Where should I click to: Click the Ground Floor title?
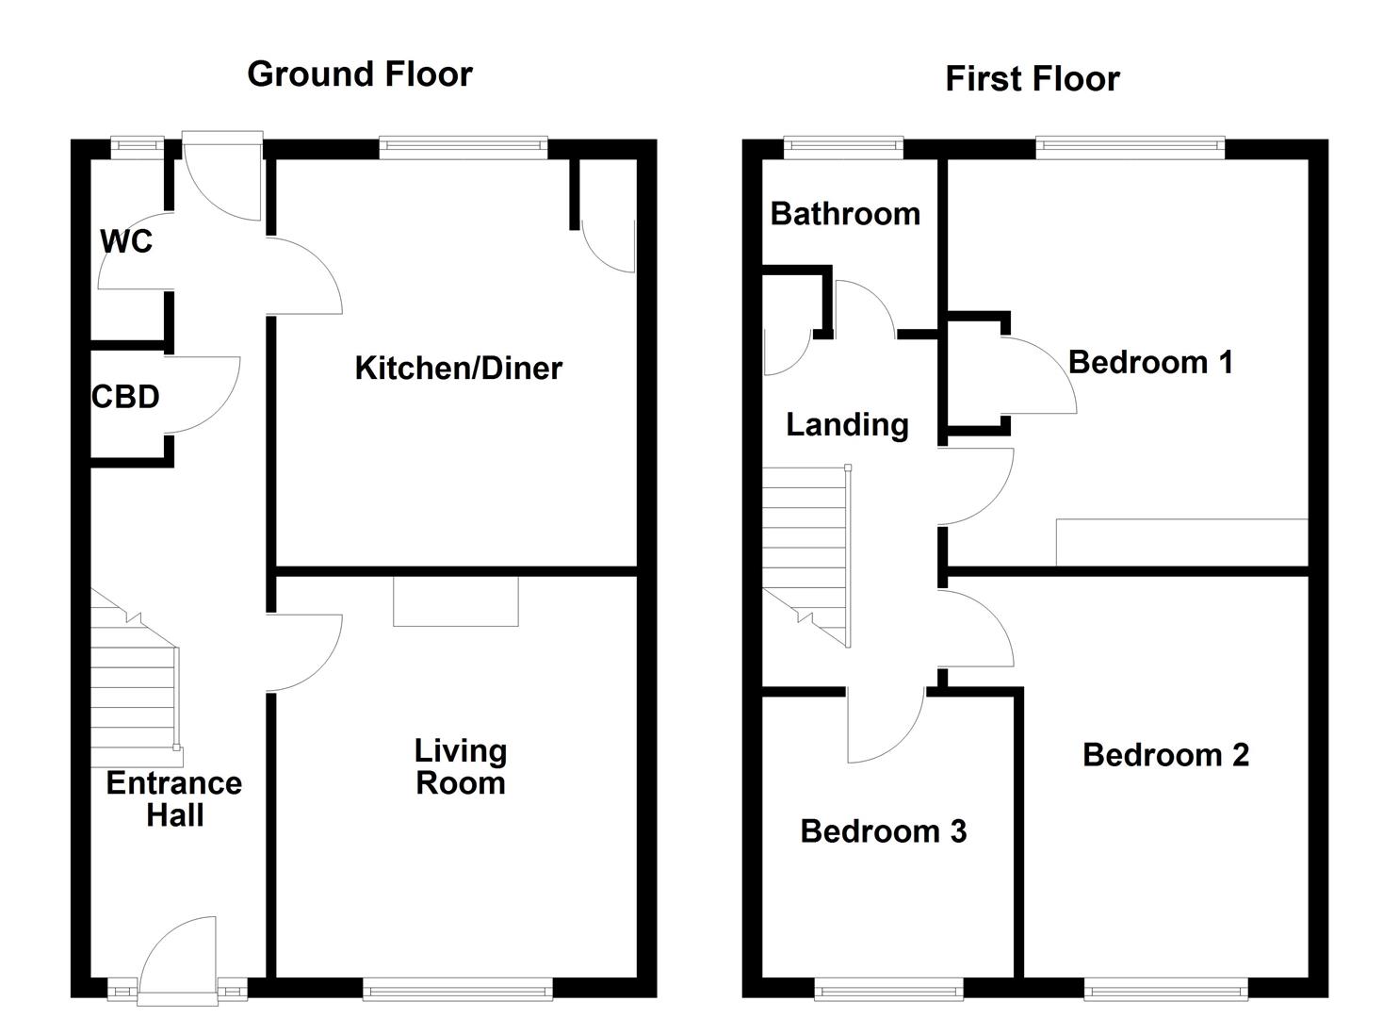click(x=359, y=74)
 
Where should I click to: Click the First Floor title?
click(x=1032, y=78)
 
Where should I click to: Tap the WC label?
click(x=126, y=241)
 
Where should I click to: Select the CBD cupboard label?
click(x=125, y=397)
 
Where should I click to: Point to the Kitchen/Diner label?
click(x=458, y=368)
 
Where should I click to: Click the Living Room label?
click(x=461, y=766)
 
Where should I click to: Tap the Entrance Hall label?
click(x=174, y=798)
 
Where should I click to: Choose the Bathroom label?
click(x=845, y=214)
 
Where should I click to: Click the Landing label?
click(x=847, y=425)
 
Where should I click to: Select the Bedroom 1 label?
click(x=1150, y=362)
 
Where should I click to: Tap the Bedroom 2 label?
click(x=1165, y=754)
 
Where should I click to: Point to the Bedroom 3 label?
click(x=883, y=831)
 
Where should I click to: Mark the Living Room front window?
click(x=458, y=989)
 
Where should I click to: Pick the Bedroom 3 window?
click(x=888, y=989)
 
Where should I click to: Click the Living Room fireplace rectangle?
click(x=455, y=600)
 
